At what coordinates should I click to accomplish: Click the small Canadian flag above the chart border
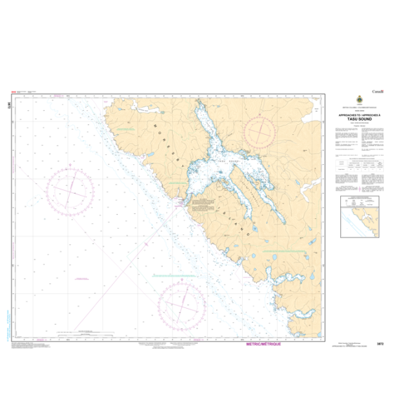[x=13, y=92]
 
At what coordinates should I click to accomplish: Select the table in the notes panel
[x=361, y=169]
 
